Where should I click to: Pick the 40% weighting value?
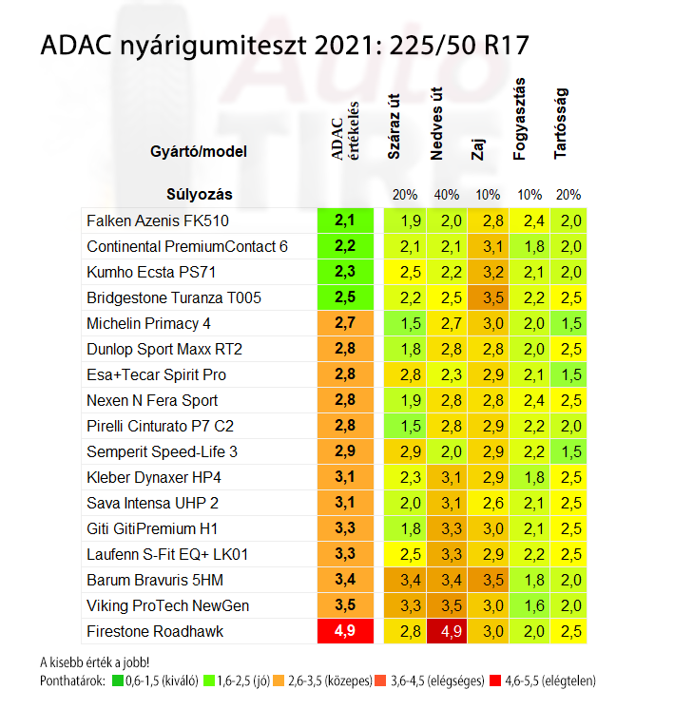(446, 195)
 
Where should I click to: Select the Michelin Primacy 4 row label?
(148, 323)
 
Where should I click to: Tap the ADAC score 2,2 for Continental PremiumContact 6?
(344, 246)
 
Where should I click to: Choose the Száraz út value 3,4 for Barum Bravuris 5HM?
(411, 580)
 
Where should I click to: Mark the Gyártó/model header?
(201, 152)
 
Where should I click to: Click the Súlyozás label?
(200, 195)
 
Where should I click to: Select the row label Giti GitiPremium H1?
(152, 528)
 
